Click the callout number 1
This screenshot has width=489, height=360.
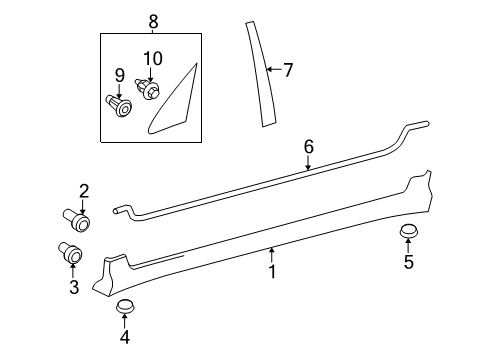(x=272, y=271)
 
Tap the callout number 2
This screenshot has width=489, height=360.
(x=84, y=190)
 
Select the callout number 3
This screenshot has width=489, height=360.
(x=73, y=288)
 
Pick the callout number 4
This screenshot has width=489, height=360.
(x=124, y=338)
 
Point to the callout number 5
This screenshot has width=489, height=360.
(x=407, y=264)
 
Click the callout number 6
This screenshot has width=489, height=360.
(x=309, y=147)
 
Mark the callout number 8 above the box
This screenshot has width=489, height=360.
(x=153, y=21)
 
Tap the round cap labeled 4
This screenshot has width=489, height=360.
(x=125, y=306)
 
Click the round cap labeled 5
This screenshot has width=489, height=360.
(x=407, y=233)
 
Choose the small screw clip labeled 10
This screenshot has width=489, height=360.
(x=149, y=90)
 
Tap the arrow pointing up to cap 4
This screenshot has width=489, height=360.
(x=124, y=322)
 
